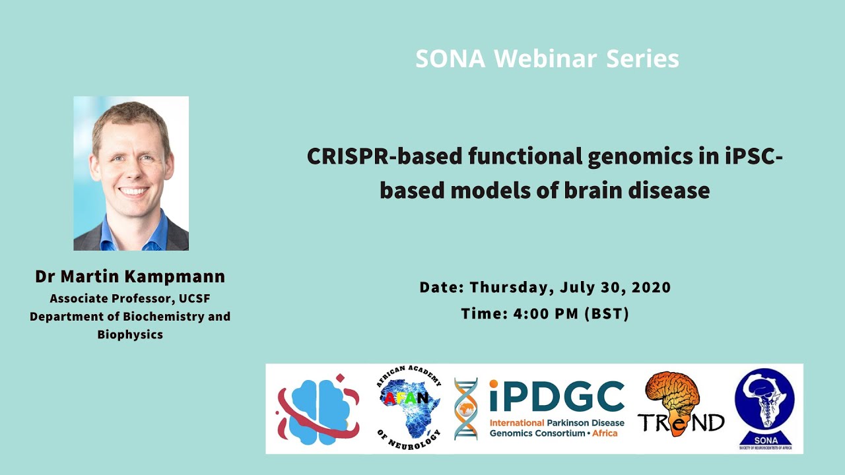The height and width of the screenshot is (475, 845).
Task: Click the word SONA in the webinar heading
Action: (450, 59)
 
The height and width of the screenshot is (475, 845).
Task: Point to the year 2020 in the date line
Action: (651, 288)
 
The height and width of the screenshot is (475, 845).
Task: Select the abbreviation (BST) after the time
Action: (607, 314)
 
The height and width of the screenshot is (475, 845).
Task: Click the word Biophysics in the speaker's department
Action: (130, 334)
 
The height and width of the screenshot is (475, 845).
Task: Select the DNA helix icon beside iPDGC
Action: (466, 409)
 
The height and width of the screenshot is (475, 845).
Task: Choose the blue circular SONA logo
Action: (764, 404)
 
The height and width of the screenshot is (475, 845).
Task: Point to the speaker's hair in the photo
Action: (130, 114)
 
